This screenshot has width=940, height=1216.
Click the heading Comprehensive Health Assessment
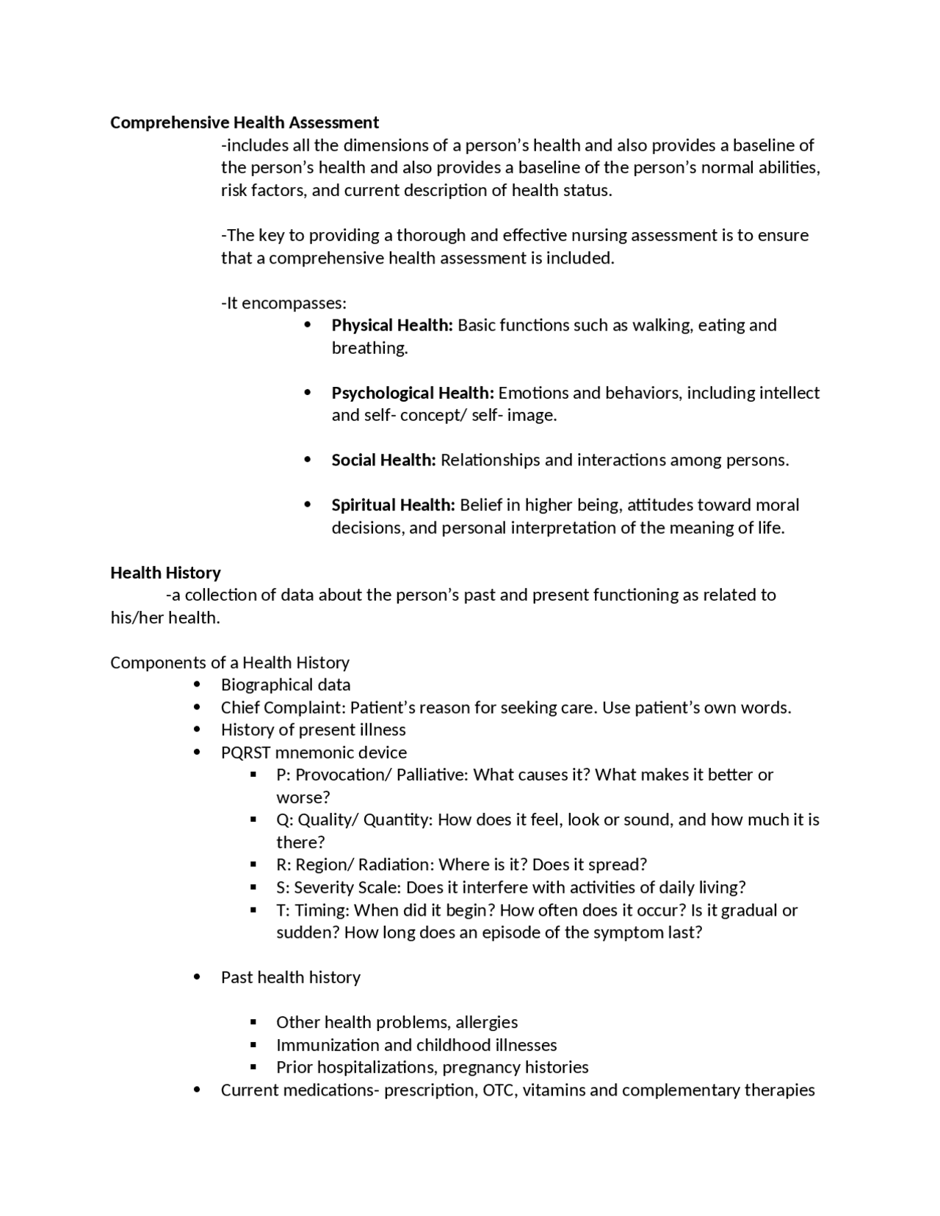click(245, 122)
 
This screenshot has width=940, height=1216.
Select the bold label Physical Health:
click(392, 325)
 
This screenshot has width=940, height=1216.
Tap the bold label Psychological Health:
click(413, 393)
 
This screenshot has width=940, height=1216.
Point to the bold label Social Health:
click(383, 460)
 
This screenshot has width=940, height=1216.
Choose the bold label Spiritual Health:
click(394, 505)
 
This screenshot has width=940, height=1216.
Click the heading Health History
click(165, 573)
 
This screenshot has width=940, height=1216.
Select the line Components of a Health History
click(230, 662)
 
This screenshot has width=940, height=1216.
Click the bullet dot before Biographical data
click(197, 684)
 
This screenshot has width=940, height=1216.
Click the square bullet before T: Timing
click(253, 910)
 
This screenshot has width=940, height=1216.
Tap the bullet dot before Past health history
click(197, 977)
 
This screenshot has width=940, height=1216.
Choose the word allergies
click(486, 1022)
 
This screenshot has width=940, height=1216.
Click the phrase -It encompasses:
click(283, 303)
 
